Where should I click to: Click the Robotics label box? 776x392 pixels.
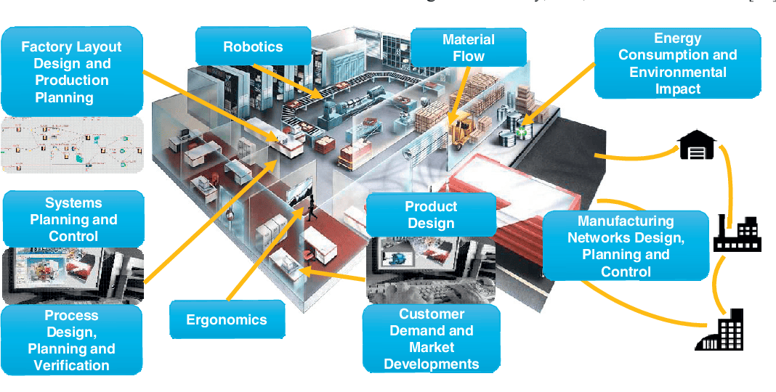pos(252,46)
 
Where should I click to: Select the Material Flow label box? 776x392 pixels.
pos(468,48)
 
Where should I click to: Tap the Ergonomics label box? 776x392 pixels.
pos(227,319)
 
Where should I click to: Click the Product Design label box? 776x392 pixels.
pos(431,216)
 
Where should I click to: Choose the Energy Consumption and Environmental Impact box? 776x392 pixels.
pos(677,63)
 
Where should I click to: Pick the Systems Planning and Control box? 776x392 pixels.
pos(73,219)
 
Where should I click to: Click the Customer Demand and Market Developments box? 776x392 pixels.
pos(432,338)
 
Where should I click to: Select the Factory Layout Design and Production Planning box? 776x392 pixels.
pos(71,71)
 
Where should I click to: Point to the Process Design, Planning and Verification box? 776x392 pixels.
pos(71,340)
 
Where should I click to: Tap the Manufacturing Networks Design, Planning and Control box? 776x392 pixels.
pos(626,246)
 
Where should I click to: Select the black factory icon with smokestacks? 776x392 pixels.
pos(736,232)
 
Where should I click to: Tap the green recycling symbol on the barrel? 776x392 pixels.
pos(520,131)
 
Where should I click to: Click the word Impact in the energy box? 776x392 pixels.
pos(677,89)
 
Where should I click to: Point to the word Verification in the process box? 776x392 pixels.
pos(71,365)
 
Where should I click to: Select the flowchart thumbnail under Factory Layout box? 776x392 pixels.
pos(71,144)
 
